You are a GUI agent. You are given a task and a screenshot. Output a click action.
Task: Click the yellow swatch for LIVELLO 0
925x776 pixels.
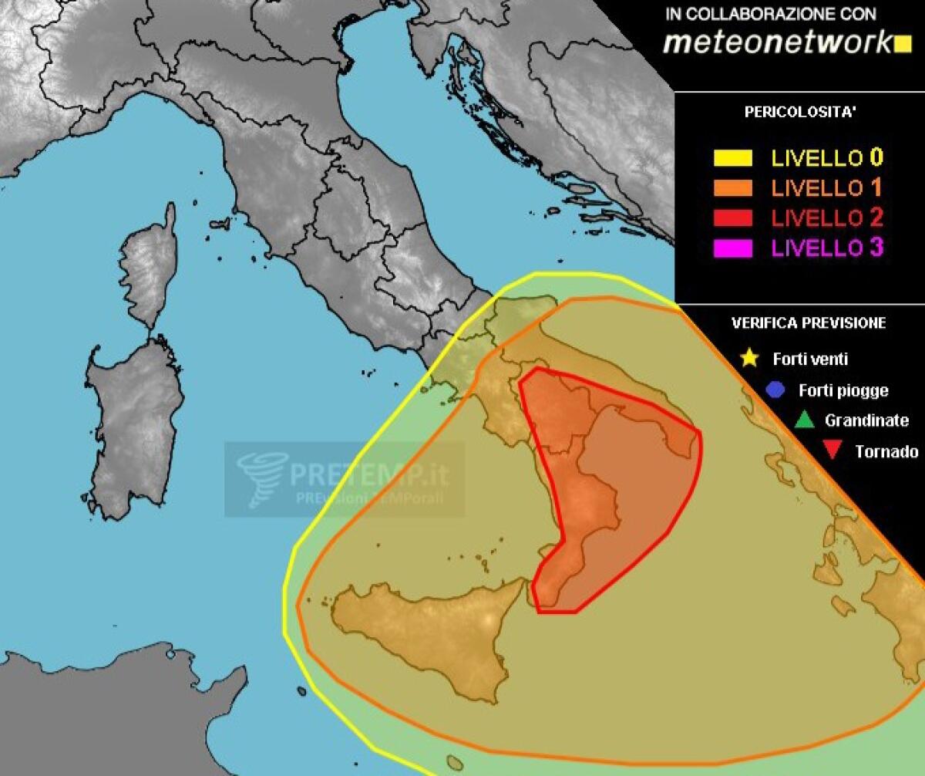pos(732,159)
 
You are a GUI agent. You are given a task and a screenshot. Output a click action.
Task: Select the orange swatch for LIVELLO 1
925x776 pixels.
pos(732,188)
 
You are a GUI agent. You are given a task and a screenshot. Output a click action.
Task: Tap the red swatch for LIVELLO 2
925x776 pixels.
pos(732,218)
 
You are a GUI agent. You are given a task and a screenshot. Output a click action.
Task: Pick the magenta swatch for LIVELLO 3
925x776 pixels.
pos(732,248)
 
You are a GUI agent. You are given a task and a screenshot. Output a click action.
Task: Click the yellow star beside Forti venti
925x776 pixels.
pos(748,359)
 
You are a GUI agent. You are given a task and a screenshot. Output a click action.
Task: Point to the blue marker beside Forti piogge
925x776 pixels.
pos(775,390)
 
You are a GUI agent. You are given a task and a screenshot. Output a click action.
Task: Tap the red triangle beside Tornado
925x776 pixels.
pos(832,451)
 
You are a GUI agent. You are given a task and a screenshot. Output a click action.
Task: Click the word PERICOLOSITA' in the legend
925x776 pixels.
pos(800,112)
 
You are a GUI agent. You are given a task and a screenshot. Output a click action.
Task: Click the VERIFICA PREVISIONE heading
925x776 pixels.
pos(808,323)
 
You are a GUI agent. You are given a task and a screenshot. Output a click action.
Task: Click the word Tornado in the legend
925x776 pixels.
pos(886,452)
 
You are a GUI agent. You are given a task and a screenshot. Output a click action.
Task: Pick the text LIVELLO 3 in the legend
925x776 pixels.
pos(827,248)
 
